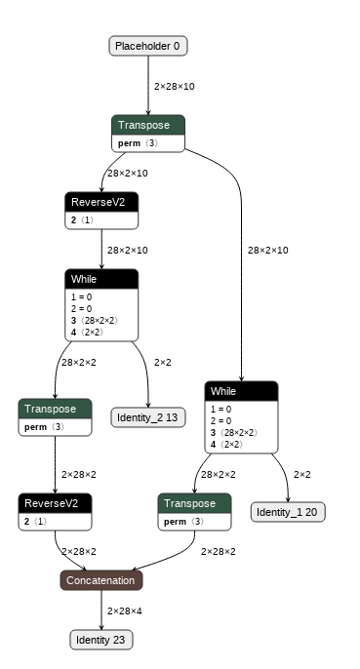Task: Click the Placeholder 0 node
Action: (147, 46)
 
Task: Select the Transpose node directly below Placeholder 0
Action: (147, 125)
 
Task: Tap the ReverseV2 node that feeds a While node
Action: (101, 202)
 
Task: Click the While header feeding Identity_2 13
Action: (101, 279)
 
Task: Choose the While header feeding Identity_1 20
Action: (241, 391)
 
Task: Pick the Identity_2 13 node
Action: (147, 417)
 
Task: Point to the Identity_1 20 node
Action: (288, 512)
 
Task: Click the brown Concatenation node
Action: (101, 580)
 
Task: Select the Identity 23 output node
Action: (101, 640)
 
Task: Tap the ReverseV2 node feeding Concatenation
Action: (55, 503)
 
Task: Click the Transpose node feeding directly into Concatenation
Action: (194, 503)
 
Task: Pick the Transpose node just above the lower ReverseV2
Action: (55, 408)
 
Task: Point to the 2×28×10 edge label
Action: (174, 87)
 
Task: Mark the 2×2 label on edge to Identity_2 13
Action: (163, 363)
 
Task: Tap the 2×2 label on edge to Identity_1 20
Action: (302, 475)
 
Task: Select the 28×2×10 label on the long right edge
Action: (267, 251)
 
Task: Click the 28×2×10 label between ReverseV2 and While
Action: (127, 251)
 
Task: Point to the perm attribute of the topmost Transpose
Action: (131, 143)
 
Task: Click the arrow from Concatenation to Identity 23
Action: (101, 610)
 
